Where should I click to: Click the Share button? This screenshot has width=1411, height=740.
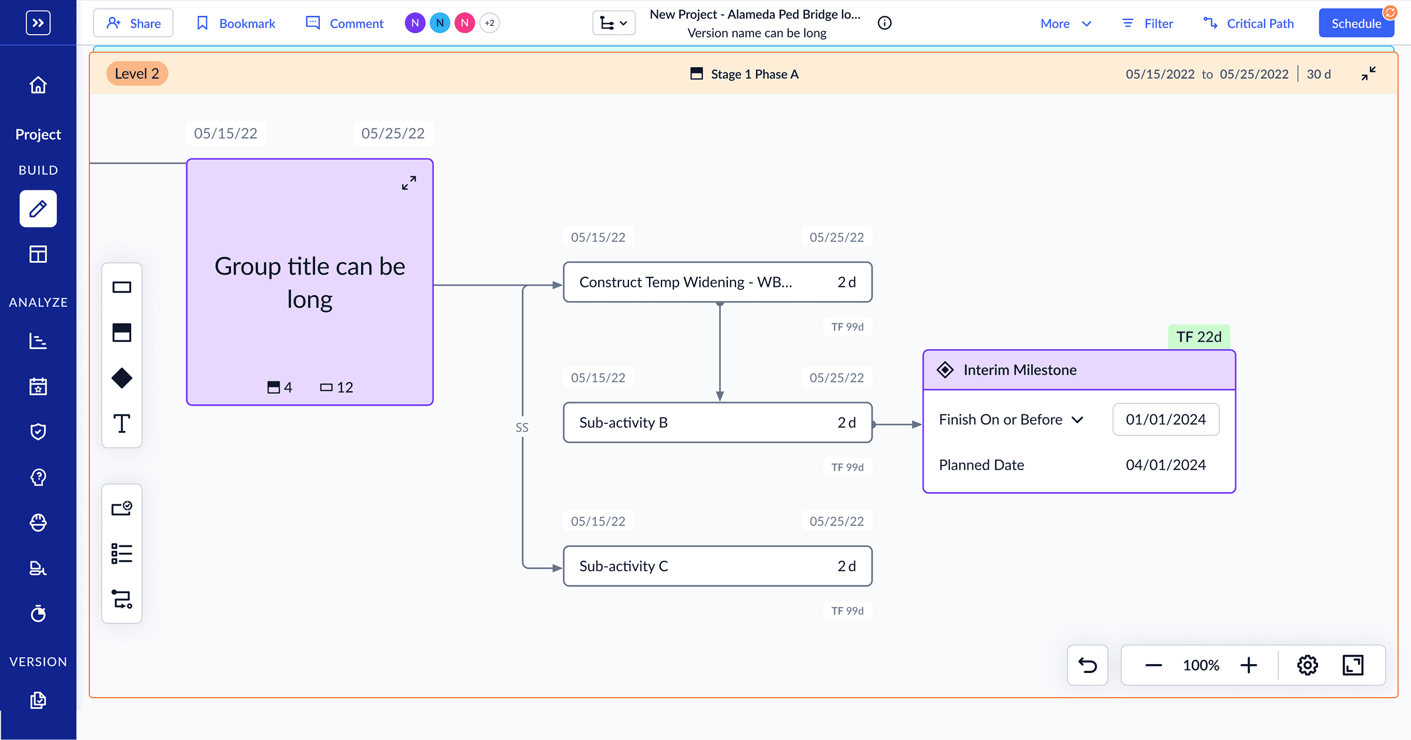pyautogui.click(x=133, y=23)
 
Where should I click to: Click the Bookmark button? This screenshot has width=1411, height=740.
pyautogui.click(x=235, y=23)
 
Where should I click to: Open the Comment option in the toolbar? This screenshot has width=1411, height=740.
pyautogui.click(x=345, y=23)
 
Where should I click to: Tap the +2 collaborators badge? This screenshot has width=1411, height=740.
pyautogui.click(x=489, y=23)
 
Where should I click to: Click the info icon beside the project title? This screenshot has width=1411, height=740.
pyautogui.click(x=884, y=23)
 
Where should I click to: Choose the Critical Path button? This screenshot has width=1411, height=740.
pyautogui.click(x=1248, y=24)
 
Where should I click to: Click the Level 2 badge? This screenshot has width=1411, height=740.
pyautogui.click(x=137, y=73)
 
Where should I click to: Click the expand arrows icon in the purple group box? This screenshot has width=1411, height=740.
pyautogui.click(x=409, y=183)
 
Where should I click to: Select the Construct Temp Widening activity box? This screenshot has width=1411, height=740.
pyautogui.click(x=717, y=282)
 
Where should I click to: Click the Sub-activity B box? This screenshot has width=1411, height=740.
pyautogui.click(x=717, y=423)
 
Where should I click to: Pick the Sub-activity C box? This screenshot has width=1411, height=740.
pyautogui.click(x=717, y=566)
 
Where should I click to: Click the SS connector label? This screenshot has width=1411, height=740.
pyautogui.click(x=522, y=427)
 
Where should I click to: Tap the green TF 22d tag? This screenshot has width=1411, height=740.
pyautogui.click(x=1199, y=337)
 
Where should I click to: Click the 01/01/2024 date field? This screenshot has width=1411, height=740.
pyautogui.click(x=1166, y=419)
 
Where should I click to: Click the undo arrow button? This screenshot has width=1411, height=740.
pyautogui.click(x=1088, y=665)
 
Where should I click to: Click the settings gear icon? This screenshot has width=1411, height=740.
pyautogui.click(x=1308, y=665)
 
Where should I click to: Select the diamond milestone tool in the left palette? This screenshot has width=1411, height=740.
pyautogui.click(x=122, y=378)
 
